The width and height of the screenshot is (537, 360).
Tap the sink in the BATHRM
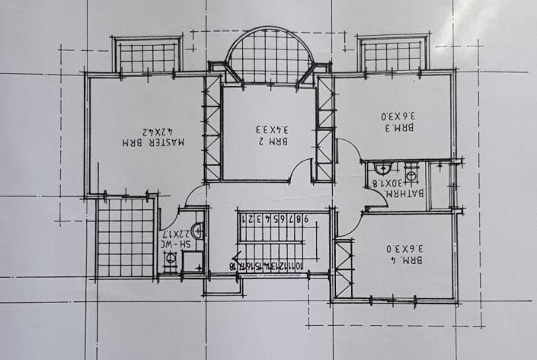384,169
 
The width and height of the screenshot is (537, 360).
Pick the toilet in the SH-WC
171,260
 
